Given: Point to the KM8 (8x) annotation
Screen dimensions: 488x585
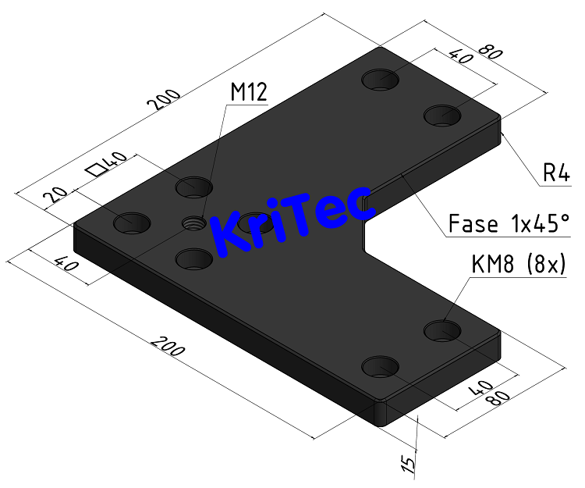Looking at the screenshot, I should pos(519,265).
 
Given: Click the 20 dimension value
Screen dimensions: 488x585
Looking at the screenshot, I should pos(54,193).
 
